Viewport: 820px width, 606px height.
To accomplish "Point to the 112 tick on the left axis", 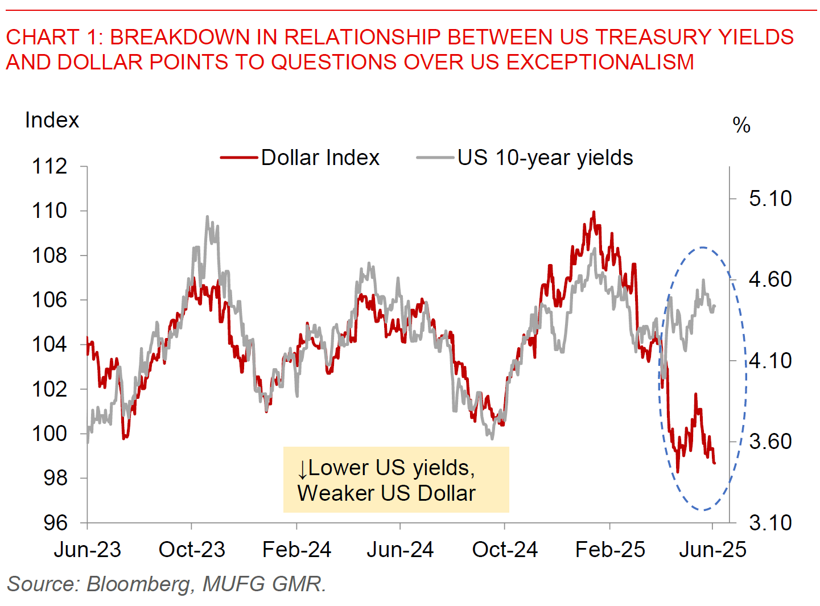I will point(50,166).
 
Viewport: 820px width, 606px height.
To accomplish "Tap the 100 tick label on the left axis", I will point(50,434).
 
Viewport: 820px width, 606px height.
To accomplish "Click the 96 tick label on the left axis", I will point(55,522).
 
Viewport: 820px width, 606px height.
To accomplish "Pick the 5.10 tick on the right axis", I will point(770,199).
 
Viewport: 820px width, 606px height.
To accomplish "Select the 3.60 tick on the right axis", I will point(770,442).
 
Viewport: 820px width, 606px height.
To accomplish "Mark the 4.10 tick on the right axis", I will point(770,361).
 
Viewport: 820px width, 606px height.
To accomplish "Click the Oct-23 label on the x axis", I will point(192,550).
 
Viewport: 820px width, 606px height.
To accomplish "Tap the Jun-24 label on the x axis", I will point(400,550).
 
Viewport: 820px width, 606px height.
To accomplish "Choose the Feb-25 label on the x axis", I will point(610,550).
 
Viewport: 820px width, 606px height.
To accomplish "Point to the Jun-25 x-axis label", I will point(712,550).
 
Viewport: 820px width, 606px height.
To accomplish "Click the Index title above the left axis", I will point(52,120).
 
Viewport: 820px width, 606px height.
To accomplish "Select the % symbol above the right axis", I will point(741,125).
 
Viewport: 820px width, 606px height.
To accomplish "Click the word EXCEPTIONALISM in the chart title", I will point(600,61).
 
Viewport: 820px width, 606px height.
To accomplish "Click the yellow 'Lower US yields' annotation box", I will point(396,480).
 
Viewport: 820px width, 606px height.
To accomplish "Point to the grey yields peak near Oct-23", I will point(207,217).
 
